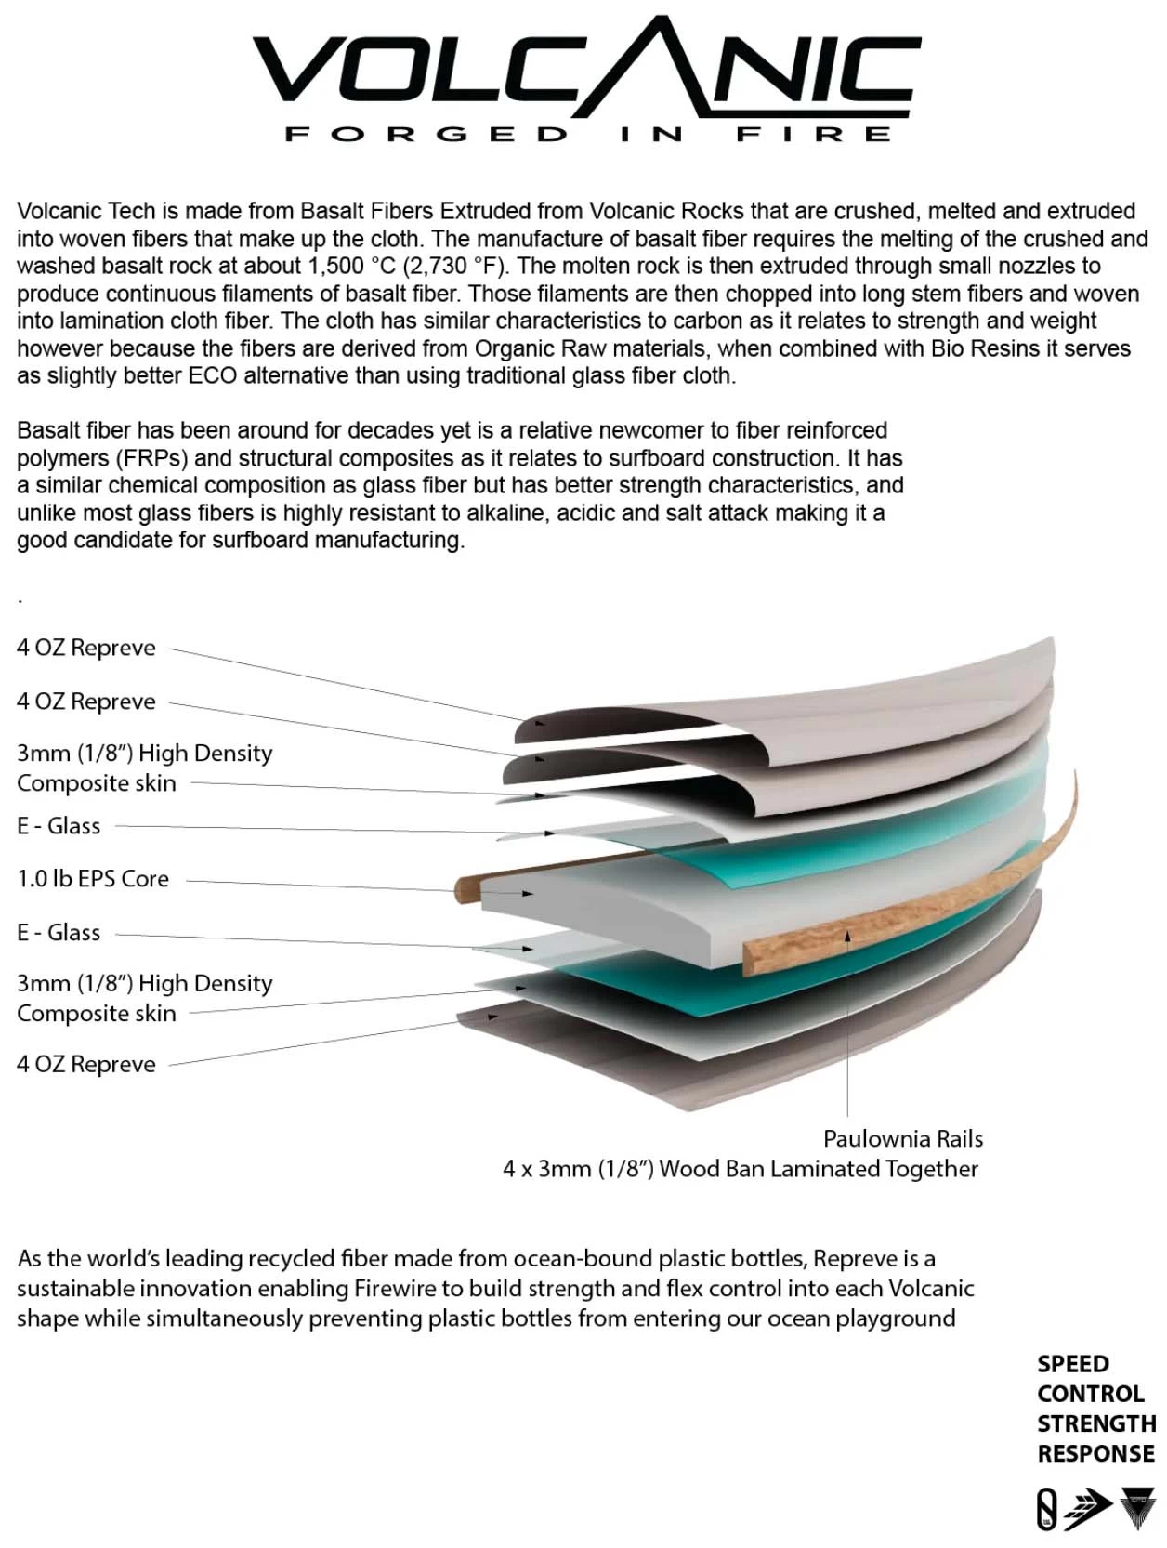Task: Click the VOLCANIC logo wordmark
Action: point(586,68)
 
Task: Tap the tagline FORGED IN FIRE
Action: point(587,135)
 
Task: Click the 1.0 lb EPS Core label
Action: point(93,879)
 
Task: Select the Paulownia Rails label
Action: point(902,1138)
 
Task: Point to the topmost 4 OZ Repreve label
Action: point(85,648)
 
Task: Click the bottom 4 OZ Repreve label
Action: point(85,1064)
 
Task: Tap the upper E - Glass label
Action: point(59,826)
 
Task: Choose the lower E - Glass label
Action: point(59,933)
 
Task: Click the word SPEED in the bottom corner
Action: point(1072,1364)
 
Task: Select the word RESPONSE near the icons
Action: point(1095,1453)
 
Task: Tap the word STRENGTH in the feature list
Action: point(1096,1423)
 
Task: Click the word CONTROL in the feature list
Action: point(1090,1394)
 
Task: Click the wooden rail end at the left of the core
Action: point(464,890)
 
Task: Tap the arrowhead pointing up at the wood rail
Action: point(847,936)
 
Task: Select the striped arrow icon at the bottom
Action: point(1088,1509)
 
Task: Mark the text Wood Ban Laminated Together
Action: point(819,1169)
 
